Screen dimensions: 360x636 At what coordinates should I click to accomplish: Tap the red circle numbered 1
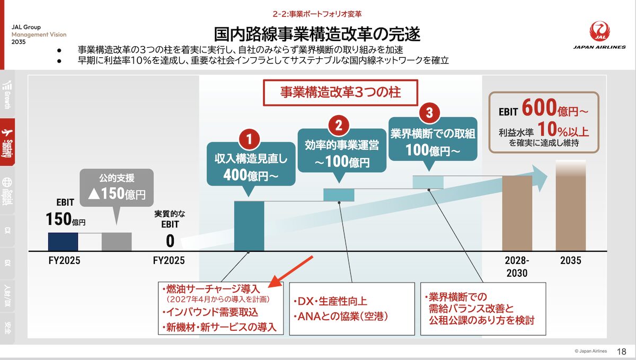coord(250,139)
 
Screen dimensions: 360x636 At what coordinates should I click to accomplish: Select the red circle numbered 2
coord(338,125)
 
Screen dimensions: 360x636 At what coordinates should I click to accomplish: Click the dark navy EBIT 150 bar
coord(63,241)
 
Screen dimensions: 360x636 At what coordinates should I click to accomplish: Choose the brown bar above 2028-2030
coord(517,213)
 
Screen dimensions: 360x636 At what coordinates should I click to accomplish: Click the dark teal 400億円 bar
coord(249,225)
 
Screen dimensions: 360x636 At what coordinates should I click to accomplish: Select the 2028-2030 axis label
coord(517,267)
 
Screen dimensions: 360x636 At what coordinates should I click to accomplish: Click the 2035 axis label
coord(571,260)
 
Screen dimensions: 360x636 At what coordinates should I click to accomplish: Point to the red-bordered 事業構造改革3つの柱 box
coord(341,92)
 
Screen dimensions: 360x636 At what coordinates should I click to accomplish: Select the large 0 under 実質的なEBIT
coord(170,241)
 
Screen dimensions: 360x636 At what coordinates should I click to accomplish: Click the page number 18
coord(622,351)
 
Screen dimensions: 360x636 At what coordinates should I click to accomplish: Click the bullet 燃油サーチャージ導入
coord(210,289)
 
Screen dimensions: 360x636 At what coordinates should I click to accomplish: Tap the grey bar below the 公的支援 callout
coord(117,241)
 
